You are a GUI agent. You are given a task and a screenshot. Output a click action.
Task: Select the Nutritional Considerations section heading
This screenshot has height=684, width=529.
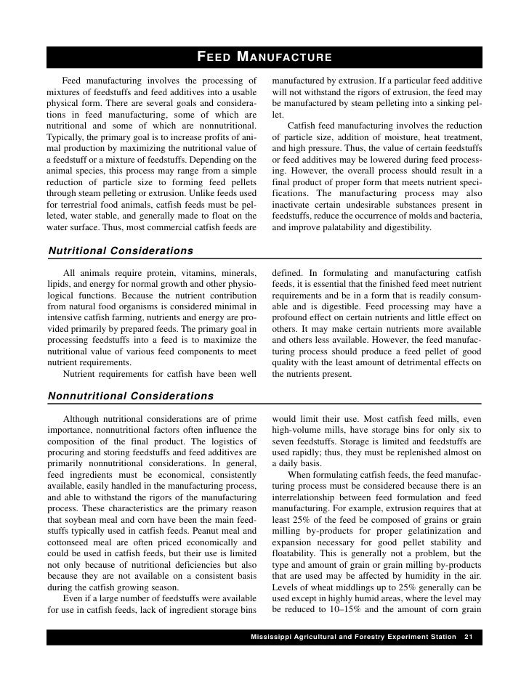(x=120, y=251)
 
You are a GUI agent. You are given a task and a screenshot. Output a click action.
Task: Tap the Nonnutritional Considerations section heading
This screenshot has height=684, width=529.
(x=130, y=396)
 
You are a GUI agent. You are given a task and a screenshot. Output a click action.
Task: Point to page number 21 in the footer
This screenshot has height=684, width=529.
(x=469, y=637)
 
